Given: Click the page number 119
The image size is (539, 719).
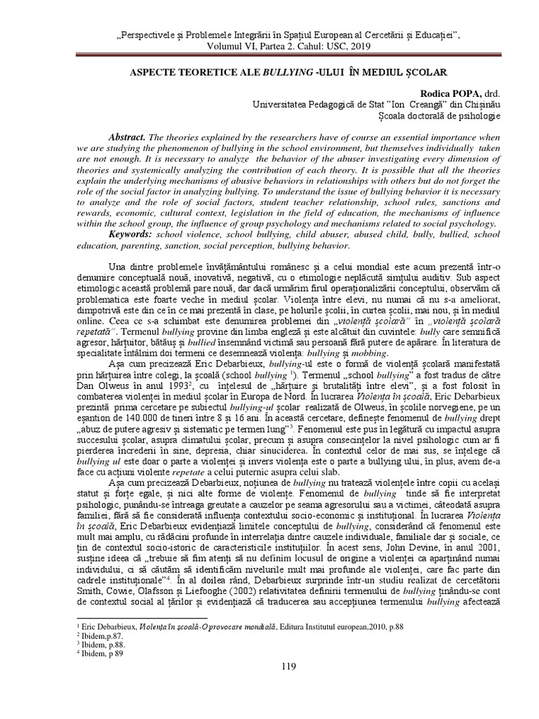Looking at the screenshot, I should coord(269,666).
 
